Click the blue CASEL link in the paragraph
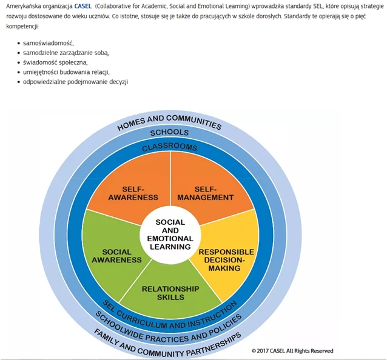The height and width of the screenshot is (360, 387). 83,6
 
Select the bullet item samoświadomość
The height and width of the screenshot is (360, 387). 49,43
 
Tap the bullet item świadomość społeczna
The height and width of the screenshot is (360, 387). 55,62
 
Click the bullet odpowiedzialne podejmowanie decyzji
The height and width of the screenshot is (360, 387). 76,82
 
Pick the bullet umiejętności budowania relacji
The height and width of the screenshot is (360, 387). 66,72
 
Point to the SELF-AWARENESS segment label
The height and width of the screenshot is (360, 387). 133,193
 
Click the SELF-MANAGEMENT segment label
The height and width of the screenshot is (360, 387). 206,193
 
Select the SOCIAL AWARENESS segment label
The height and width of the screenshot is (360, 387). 116,256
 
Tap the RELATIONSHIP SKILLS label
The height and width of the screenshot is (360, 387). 170,293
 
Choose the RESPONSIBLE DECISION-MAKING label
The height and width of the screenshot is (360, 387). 226,260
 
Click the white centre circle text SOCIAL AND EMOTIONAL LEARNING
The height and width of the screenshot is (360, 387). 170,235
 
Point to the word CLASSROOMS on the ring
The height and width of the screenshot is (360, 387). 170,147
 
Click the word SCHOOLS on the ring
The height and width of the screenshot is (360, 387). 169,133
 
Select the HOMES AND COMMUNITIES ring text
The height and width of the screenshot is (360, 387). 169,122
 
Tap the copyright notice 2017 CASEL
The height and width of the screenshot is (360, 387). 292,351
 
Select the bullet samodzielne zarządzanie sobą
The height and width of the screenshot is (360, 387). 66,53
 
